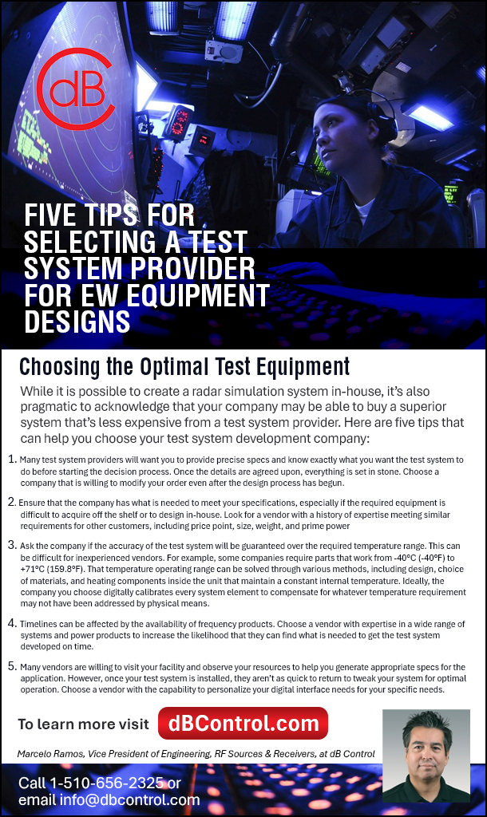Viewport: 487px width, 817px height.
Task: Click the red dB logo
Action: coord(75,89)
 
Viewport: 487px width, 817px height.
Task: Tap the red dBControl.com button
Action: coord(243,723)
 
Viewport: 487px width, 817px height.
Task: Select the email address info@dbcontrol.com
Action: coord(130,799)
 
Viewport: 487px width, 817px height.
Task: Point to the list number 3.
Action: coord(12,545)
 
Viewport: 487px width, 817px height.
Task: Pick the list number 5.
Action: coord(12,666)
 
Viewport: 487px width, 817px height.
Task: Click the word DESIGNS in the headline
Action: coord(77,321)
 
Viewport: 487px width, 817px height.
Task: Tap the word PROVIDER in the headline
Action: coord(192,268)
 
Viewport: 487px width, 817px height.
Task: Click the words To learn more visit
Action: coord(83,724)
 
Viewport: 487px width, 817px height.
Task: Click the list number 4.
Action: coord(12,623)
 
